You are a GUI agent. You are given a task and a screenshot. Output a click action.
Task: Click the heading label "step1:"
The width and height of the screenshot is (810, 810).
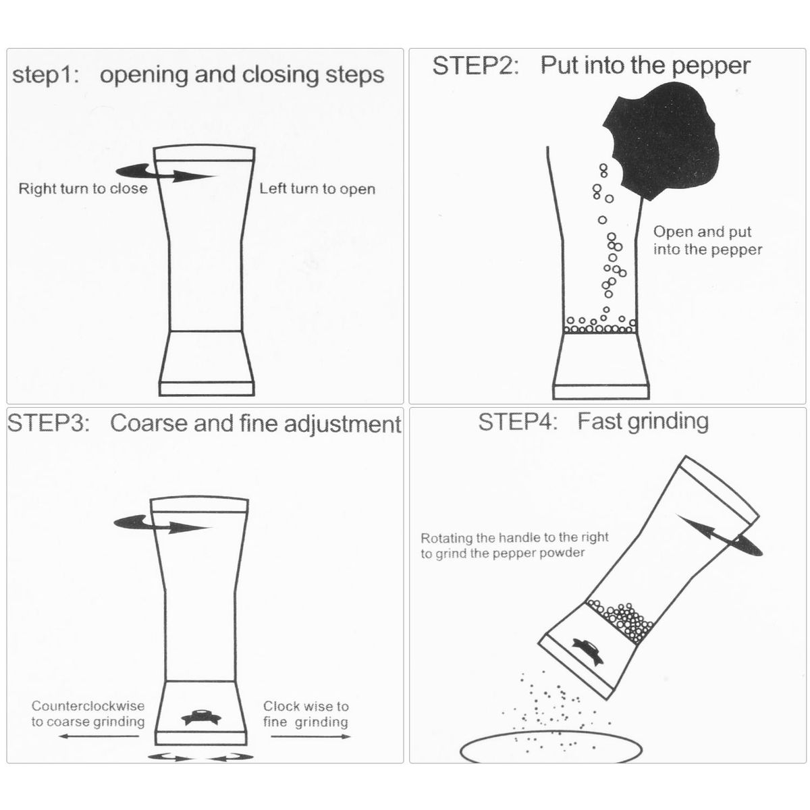pos(46,76)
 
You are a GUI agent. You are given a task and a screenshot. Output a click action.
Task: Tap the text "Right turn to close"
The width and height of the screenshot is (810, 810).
pos(83,189)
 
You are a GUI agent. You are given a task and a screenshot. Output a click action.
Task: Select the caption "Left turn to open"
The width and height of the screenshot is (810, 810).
pos(317,189)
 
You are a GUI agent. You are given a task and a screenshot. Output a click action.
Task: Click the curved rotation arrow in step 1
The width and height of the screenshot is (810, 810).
pos(166,173)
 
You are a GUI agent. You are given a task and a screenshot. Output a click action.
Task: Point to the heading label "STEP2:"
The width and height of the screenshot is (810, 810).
pos(475,66)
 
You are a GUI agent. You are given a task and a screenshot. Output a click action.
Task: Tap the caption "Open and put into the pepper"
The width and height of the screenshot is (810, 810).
pos(707,240)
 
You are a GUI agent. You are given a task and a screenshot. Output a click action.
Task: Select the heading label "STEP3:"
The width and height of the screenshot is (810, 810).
pos(49,423)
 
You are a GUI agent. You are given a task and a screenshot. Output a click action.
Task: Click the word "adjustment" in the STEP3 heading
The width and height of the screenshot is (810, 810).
pos(342,424)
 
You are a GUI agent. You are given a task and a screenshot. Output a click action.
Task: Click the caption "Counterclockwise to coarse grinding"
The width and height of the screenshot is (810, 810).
pos(88,713)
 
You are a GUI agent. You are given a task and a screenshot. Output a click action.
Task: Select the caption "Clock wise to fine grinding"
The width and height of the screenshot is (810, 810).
pos(306,714)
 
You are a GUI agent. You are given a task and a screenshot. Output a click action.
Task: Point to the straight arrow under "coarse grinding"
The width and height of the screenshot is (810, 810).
pos(99,736)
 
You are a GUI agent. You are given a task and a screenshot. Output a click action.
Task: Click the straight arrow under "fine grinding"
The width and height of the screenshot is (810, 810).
pos(310,736)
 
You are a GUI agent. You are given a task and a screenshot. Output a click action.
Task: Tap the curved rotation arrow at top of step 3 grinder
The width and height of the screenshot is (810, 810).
pos(162,524)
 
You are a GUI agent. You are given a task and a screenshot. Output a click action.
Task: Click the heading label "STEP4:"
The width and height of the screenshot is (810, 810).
pos(518,422)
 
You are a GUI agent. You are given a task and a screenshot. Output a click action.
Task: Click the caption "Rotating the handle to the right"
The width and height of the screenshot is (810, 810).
pos(514,538)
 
